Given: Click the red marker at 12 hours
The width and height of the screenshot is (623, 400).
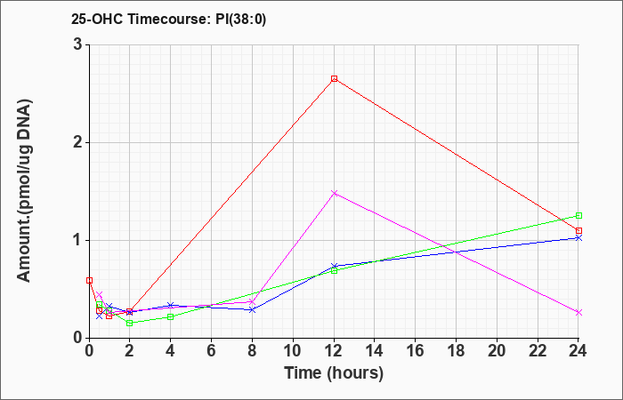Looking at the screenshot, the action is [334, 78].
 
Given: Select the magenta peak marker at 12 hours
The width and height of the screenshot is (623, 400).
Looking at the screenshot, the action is [334, 193].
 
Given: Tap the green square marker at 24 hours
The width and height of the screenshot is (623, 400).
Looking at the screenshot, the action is [578, 215].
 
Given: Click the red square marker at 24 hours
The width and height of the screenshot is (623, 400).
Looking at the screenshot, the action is [578, 230].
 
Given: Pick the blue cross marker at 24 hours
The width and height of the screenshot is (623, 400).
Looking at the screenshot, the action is [578, 237].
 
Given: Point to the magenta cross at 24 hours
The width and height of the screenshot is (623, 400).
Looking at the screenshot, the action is [578, 312].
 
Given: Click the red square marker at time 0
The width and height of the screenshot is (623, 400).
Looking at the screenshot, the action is [89, 280].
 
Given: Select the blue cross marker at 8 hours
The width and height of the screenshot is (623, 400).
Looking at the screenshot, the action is [252, 309].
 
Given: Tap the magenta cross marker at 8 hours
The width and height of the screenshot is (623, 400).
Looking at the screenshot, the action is [252, 302].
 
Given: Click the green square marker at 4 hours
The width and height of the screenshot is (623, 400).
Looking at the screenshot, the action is [171, 316].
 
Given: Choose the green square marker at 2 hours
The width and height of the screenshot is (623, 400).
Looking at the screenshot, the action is [130, 323].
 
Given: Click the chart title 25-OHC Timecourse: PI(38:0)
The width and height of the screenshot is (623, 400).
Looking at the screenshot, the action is [168, 19].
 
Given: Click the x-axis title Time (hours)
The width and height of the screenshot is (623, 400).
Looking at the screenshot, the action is [334, 373].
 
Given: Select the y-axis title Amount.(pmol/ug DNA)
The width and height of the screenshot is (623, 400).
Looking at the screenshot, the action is [25, 191].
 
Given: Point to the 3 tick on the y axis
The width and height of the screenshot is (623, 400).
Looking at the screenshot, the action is [78, 44].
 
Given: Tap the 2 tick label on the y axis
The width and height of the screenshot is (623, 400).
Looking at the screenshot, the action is [78, 142].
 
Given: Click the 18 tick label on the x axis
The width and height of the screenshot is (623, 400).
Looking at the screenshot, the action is [456, 351].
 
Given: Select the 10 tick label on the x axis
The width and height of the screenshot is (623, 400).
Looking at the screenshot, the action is [293, 351].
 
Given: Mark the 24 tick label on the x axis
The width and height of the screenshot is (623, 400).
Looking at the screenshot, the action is [578, 351].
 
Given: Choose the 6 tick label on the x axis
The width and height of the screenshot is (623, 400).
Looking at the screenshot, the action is [212, 351].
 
